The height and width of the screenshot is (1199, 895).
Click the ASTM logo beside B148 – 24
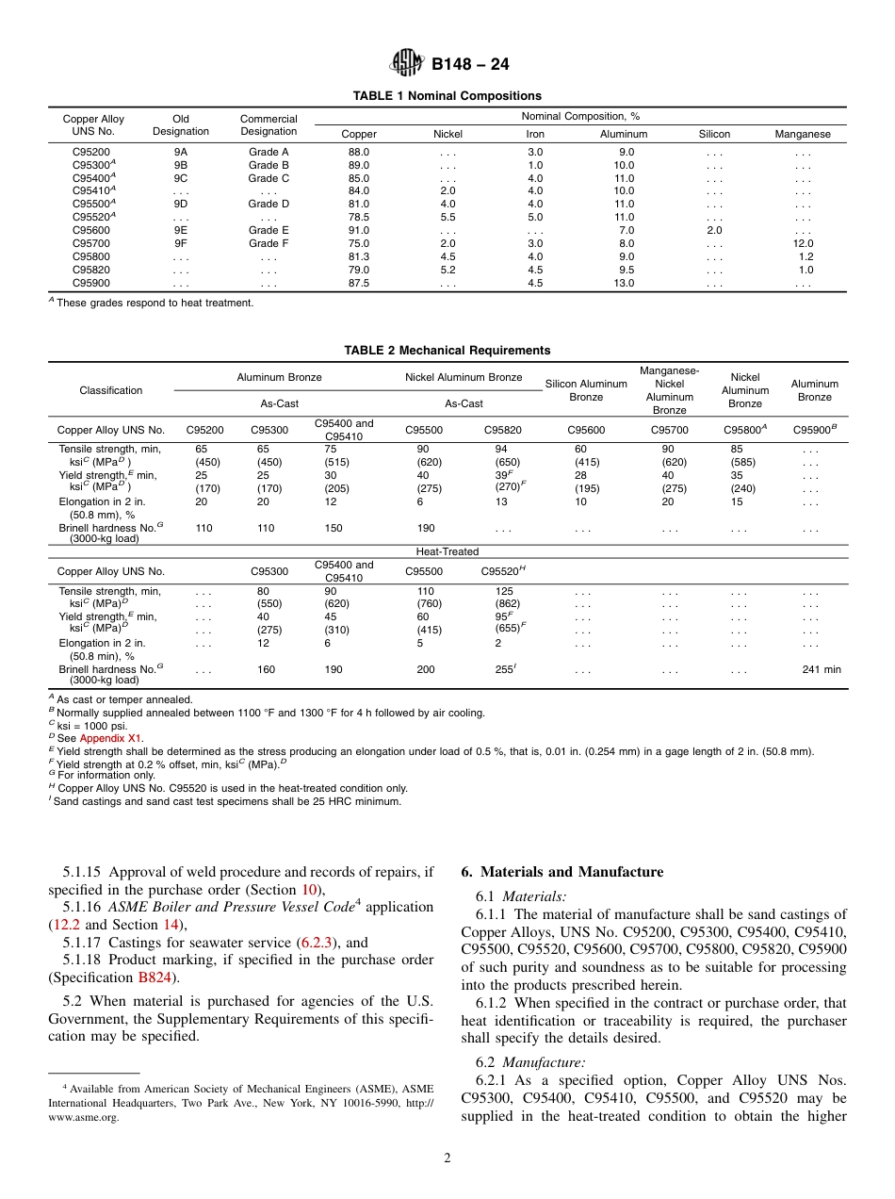407,64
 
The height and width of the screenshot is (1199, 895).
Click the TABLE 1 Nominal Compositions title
447,96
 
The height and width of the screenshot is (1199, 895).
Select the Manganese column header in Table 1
803,135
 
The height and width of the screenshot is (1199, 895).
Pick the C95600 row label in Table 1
91,230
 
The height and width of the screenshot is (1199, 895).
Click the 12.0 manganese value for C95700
805,243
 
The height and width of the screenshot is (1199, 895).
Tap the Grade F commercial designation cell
268,243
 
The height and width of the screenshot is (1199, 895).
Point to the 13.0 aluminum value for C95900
625,283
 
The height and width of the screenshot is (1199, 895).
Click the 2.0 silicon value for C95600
714,230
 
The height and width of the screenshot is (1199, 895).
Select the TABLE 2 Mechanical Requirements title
447,351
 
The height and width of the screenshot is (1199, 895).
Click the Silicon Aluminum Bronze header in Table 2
586,390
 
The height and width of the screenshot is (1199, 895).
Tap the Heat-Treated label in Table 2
447,551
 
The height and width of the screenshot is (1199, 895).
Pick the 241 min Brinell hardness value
822,670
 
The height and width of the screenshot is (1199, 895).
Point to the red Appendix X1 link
111,739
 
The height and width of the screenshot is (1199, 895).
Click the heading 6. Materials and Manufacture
561,872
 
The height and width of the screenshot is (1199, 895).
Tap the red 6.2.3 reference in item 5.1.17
314,943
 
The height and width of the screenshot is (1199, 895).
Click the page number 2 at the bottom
447,1158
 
